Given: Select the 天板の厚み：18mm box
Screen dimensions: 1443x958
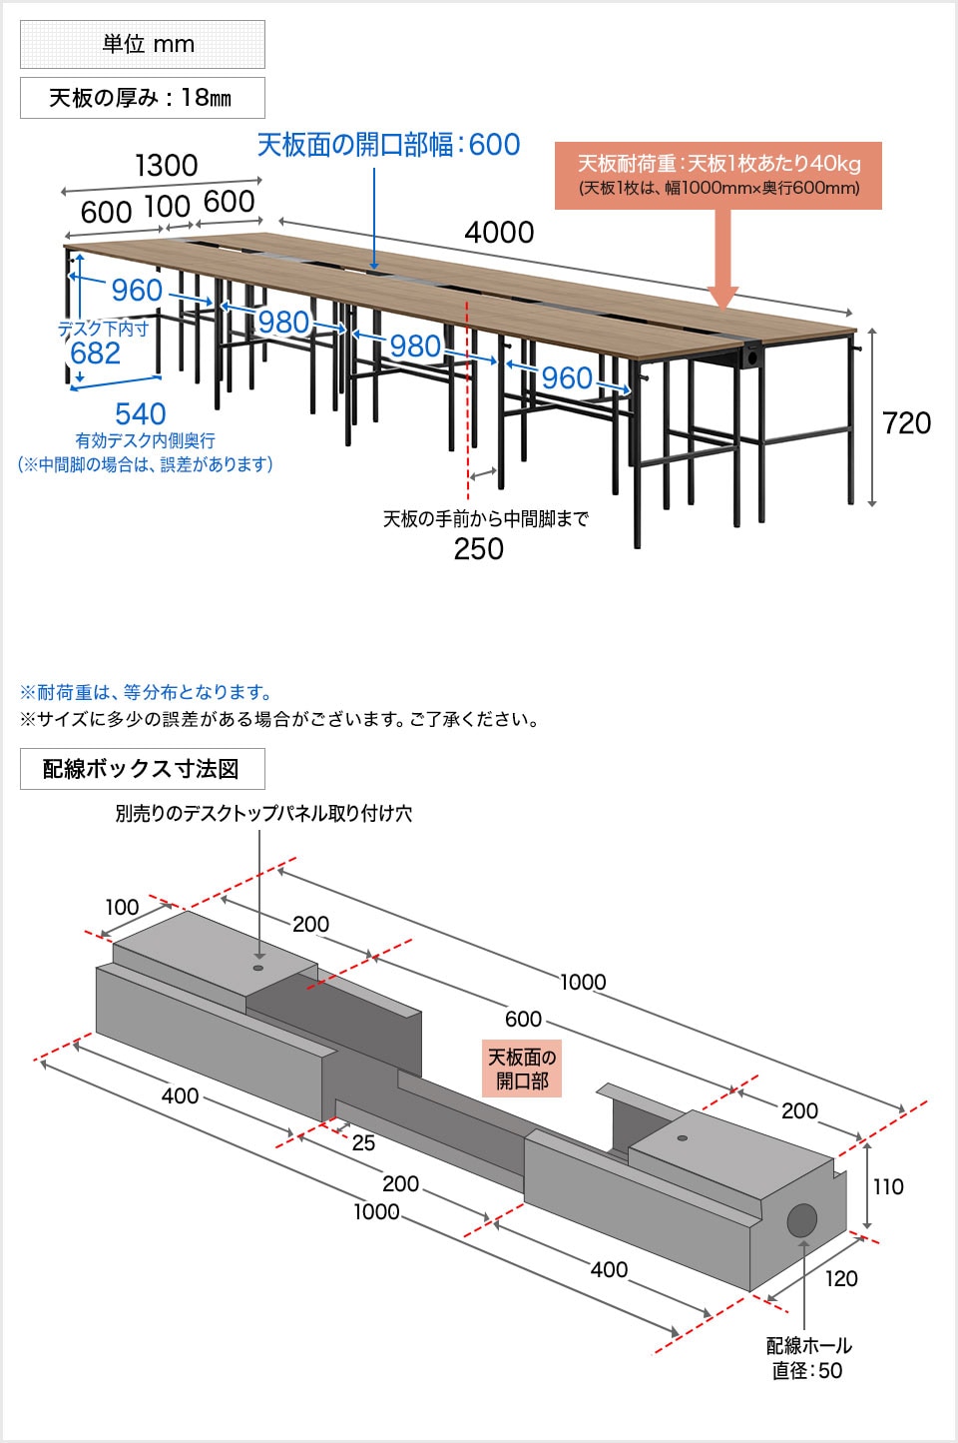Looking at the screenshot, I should (143, 98).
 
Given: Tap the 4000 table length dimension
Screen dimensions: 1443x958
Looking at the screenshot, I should (499, 233).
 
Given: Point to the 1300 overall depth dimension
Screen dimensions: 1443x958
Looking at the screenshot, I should (166, 166).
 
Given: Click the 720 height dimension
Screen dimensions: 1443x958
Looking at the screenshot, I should (906, 423).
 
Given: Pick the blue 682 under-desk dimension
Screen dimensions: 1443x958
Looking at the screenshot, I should (95, 354).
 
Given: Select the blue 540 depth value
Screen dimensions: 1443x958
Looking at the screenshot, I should (140, 413).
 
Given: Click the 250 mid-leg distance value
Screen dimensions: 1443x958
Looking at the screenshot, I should (478, 549).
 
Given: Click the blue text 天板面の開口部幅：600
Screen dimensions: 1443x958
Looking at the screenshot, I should (389, 145).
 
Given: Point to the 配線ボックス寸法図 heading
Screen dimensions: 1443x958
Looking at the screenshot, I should (142, 769).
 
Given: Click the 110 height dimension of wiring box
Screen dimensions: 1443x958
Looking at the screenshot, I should (887, 1186).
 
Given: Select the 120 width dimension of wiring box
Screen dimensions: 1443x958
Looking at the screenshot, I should (840, 1278).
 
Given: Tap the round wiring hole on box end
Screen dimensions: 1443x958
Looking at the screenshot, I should (801, 1219).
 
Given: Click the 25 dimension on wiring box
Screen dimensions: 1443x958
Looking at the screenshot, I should (363, 1142).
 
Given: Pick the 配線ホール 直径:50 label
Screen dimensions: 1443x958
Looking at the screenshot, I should (808, 1358).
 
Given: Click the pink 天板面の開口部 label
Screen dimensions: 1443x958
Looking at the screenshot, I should (522, 1069).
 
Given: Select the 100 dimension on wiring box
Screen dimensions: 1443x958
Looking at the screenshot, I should (122, 907).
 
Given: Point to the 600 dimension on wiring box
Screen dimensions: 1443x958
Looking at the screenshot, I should (523, 1019).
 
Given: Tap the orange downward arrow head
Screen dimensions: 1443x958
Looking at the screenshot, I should (723, 297).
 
